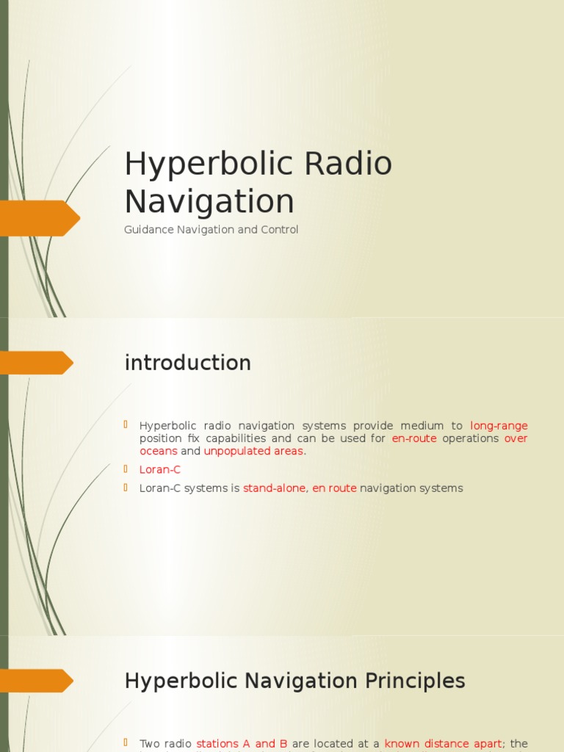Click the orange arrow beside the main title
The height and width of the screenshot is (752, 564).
tap(40, 218)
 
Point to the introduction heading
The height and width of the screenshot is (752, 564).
tap(188, 363)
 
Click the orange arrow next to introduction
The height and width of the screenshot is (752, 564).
tap(37, 363)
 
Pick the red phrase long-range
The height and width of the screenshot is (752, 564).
tap(499, 426)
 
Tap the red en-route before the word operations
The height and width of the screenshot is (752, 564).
tap(414, 438)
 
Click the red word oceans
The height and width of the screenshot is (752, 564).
tap(159, 451)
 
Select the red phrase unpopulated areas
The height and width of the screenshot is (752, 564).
tap(253, 451)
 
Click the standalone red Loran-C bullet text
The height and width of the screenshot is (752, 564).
tap(160, 469)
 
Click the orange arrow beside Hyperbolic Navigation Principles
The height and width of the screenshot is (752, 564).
tap(37, 681)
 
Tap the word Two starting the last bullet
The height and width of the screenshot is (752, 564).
tap(150, 744)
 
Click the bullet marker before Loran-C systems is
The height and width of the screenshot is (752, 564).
tap(126, 488)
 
